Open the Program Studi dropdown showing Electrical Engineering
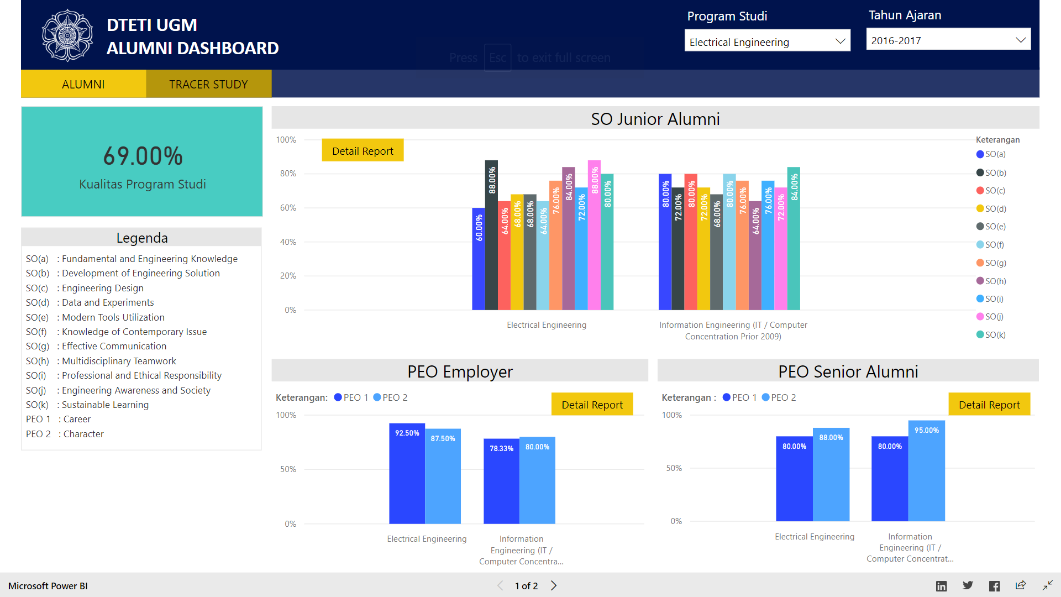(x=767, y=41)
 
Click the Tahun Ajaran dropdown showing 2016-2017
(x=948, y=40)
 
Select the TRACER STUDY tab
(x=208, y=84)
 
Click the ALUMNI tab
(x=83, y=84)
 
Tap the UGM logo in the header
(x=67, y=35)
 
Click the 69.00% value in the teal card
(x=143, y=156)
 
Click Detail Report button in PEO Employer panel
(x=592, y=405)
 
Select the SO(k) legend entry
(x=991, y=334)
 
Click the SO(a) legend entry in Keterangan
(x=991, y=154)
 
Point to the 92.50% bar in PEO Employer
(x=407, y=475)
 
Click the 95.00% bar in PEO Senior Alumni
(x=926, y=473)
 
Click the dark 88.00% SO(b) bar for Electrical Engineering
(x=491, y=238)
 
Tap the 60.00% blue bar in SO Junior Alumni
(x=479, y=260)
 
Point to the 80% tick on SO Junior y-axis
(x=288, y=174)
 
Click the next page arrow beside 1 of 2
(x=554, y=585)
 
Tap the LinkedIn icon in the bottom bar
(x=941, y=586)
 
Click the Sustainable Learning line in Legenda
(x=105, y=405)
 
